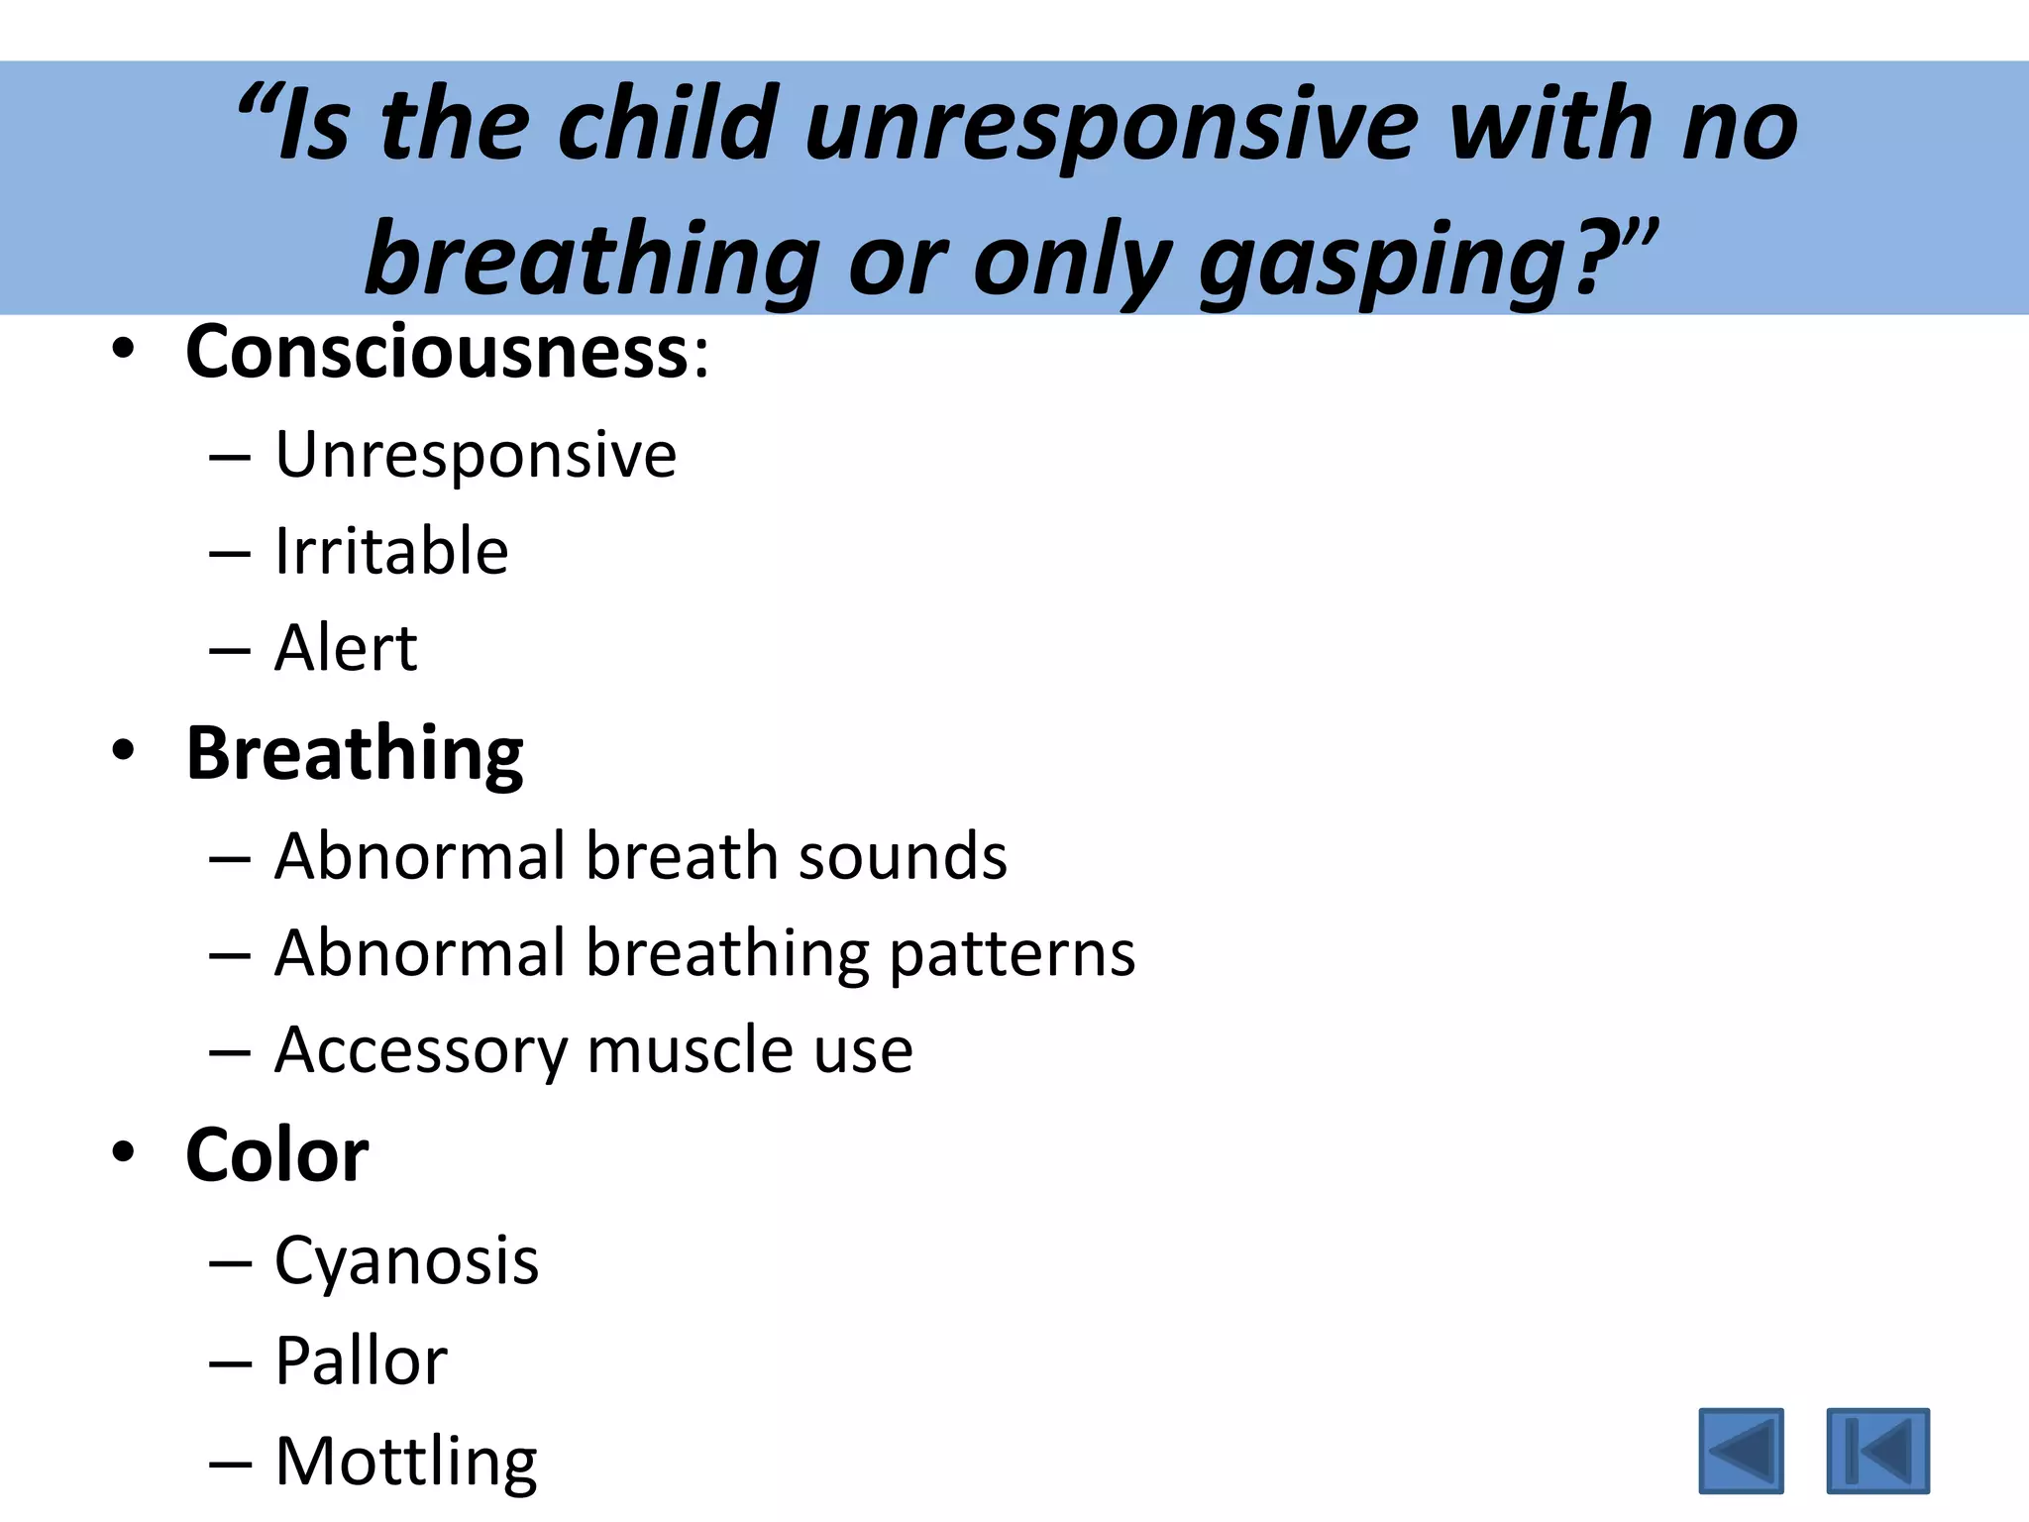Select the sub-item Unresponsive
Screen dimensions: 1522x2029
pyautogui.click(x=476, y=456)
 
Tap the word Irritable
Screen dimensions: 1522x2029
pyautogui.click(x=391, y=552)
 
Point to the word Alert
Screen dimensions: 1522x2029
pyautogui.click(x=346, y=649)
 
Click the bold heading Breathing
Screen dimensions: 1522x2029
pyautogui.click(x=355, y=755)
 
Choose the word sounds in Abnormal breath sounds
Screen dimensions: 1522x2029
pyautogui.click(x=903, y=856)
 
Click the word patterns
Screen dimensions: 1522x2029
pyautogui.click(x=1012, y=954)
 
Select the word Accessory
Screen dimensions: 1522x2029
pyautogui.click(x=420, y=1050)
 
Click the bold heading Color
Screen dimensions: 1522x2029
pyautogui.click(x=277, y=1156)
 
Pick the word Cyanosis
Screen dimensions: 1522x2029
pyautogui.click(x=406, y=1261)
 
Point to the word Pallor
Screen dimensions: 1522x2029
pyautogui.click(x=361, y=1361)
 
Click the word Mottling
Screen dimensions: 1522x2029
pyautogui.click(x=406, y=1463)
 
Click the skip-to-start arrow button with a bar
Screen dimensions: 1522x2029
pyautogui.click(x=1877, y=1450)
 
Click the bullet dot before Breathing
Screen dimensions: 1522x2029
pyautogui.click(x=123, y=751)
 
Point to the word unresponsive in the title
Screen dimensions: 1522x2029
pyautogui.click(x=1113, y=126)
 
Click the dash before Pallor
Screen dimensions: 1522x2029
pyautogui.click(x=230, y=1363)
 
